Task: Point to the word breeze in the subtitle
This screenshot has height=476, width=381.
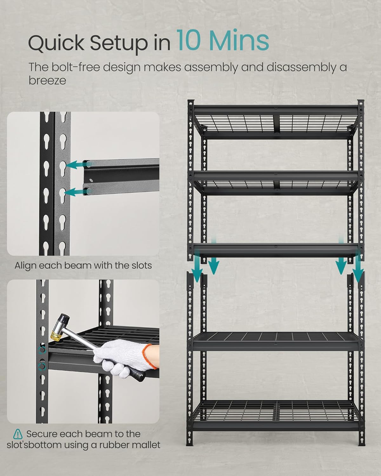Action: pos(47,80)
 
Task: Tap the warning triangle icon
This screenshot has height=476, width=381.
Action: pos(18,433)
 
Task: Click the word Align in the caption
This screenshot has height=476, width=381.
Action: pos(25,265)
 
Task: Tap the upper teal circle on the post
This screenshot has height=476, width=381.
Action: pos(42,351)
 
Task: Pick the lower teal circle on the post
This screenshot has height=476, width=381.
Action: pos(42,367)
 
